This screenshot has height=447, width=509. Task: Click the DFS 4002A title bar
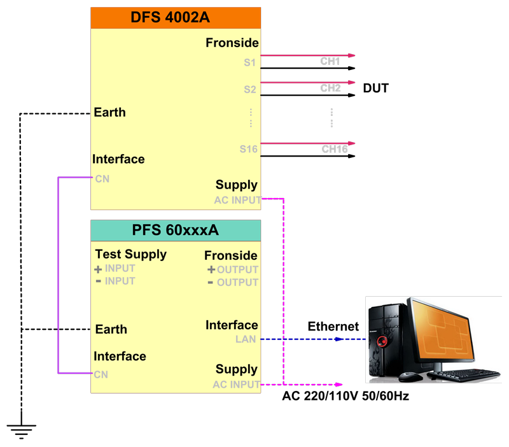[176, 18]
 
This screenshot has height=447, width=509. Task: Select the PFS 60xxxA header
[176, 231]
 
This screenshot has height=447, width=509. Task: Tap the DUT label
[375, 88]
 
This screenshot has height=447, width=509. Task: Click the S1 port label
[249, 62]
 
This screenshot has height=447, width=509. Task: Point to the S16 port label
[248, 149]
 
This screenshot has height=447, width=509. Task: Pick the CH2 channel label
[330, 88]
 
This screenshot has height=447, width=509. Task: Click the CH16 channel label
[335, 149]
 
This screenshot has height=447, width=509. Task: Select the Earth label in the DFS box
[109, 113]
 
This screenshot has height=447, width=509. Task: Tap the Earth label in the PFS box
[111, 329]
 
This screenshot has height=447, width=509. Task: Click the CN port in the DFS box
[102, 179]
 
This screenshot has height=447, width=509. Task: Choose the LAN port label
[246, 339]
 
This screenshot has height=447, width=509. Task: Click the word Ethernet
[333, 327]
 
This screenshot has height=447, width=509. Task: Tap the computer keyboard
[464, 374]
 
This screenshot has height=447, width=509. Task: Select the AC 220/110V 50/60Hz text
[345, 396]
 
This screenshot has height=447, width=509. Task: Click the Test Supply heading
[131, 254]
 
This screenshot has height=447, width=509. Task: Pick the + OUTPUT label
[233, 269]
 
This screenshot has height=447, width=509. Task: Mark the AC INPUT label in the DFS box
[237, 200]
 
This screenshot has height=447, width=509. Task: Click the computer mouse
[410, 377]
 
